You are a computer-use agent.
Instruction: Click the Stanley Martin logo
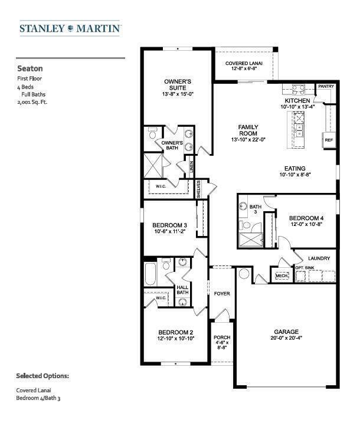[70, 28]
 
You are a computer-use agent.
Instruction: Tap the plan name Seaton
[30, 68]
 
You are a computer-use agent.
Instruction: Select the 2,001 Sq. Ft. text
[32, 102]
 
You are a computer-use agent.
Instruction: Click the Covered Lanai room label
[244, 63]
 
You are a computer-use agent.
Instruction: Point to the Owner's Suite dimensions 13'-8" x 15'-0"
[178, 94]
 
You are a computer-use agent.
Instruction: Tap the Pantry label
[326, 86]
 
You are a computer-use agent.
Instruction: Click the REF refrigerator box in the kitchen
[329, 140]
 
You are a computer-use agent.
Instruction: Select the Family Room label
[248, 130]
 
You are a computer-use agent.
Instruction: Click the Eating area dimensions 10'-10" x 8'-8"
[295, 175]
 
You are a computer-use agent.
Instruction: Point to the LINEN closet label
[191, 167]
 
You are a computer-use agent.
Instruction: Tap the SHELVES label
[199, 189]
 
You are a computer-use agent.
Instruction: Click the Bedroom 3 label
[169, 225]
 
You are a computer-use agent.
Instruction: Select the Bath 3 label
[256, 209]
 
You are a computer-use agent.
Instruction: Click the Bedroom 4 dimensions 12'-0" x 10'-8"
[306, 224]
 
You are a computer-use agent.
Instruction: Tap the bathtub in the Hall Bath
[150, 274]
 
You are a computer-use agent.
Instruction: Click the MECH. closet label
[282, 276]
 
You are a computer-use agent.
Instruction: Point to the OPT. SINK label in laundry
[305, 268]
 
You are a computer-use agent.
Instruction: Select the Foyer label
[222, 294]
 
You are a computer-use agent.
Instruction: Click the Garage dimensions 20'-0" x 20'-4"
[286, 338]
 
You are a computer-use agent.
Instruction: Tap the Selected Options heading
[42, 376]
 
